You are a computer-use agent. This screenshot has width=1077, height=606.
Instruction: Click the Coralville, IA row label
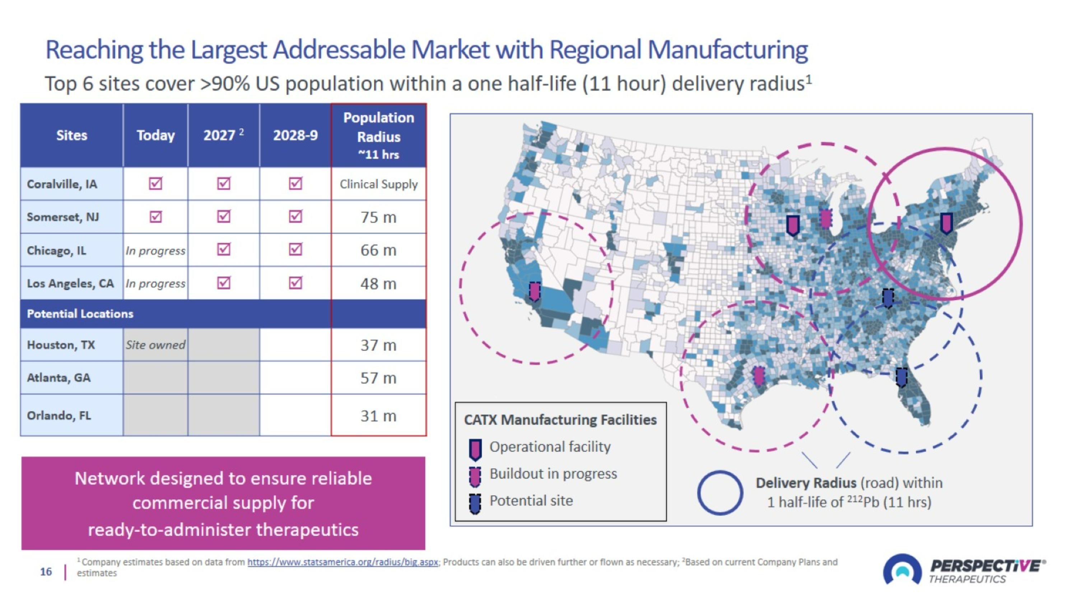tap(62, 184)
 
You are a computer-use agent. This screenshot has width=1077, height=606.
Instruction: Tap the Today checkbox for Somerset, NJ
tap(155, 217)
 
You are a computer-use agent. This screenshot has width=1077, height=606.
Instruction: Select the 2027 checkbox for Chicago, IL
tap(224, 250)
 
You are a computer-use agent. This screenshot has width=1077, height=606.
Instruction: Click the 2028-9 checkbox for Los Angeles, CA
tap(295, 283)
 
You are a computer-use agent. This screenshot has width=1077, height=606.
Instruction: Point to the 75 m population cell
tap(378, 217)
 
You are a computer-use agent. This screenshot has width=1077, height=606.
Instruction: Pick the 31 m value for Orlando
tap(378, 416)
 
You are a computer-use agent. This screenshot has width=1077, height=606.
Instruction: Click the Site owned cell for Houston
tap(155, 344)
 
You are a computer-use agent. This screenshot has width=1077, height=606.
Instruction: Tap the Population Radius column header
tap(379, 135)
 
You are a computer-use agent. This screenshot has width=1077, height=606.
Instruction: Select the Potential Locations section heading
tap(80, 314)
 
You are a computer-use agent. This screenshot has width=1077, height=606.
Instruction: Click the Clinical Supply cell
tap(378, 184)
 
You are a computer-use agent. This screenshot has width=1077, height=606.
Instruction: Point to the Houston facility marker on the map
tap(759, 376)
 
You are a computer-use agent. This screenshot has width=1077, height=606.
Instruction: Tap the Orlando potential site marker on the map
tap(902, 377)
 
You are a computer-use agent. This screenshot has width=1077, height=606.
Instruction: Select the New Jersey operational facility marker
tap(947, 223)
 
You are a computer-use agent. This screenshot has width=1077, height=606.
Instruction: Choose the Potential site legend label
tap(531, 501)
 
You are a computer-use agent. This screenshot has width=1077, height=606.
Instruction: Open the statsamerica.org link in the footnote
tap(343, 562)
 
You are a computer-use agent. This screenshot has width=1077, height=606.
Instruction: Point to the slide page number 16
tap(46, 572)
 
